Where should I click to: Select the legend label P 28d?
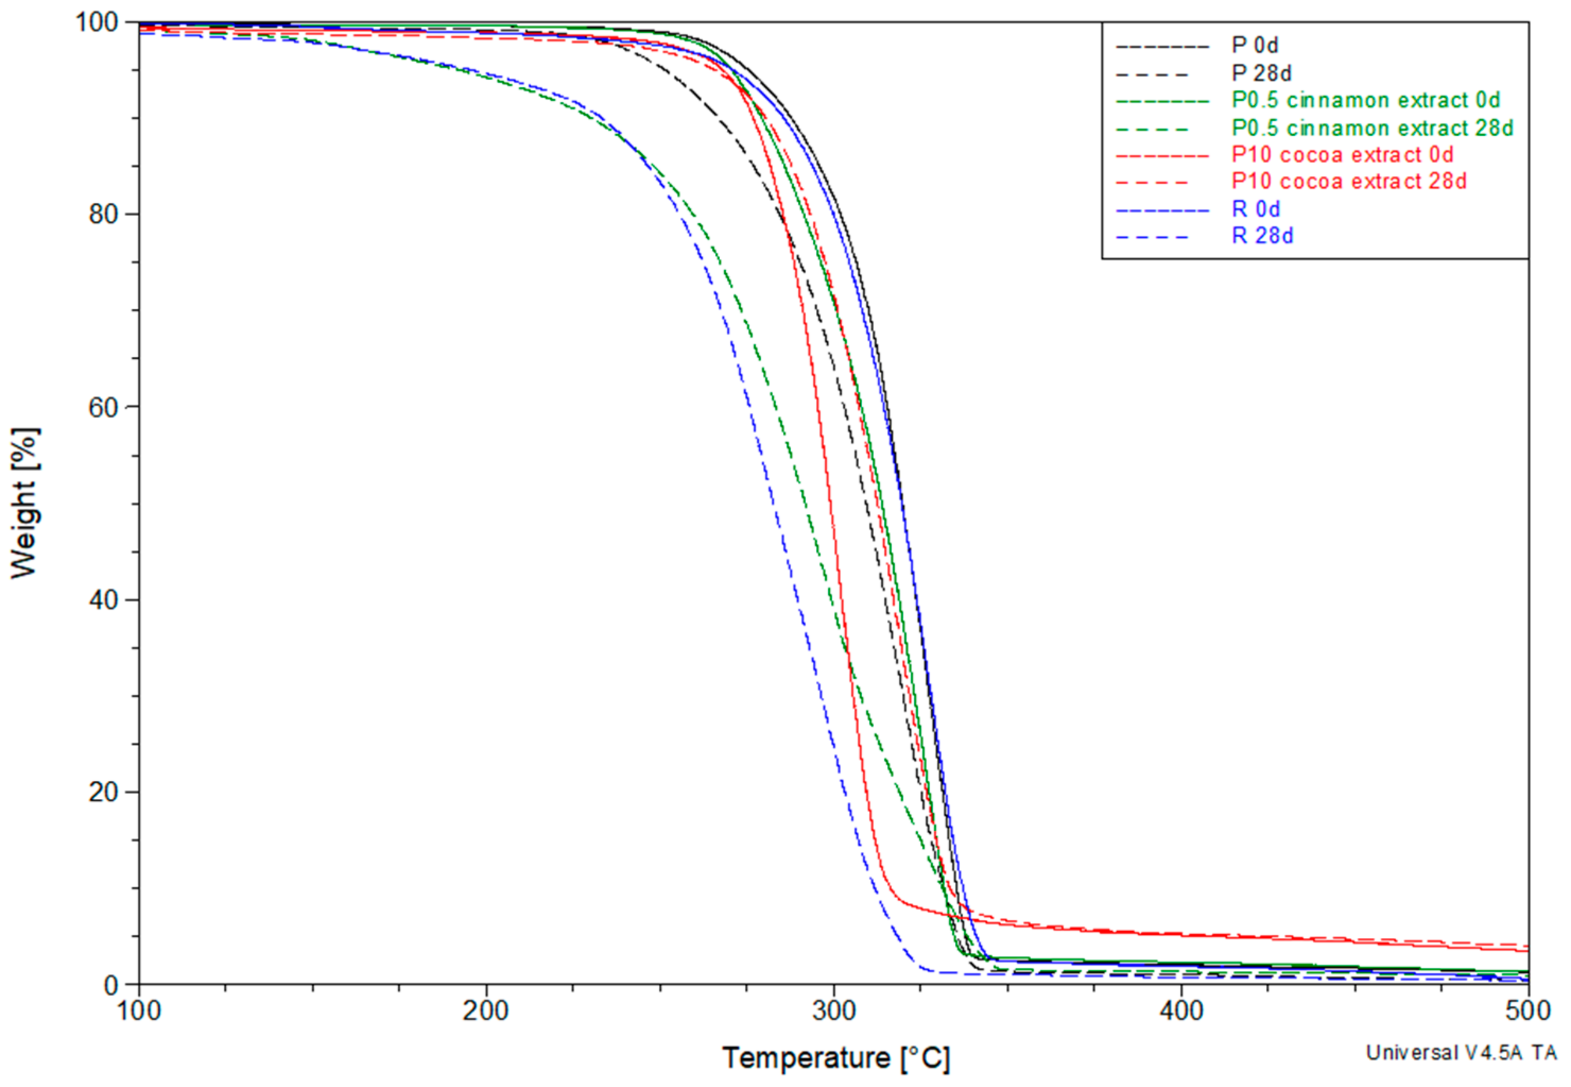1261,73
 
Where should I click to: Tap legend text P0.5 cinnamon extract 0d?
1366,100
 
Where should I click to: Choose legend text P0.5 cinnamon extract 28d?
1372,128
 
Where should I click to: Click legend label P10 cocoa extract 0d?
1342,154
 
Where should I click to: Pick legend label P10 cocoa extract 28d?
1349,181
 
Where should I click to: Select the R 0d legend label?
1256,209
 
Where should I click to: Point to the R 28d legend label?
1263,236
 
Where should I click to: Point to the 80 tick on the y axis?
103,214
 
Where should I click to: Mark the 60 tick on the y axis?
103,407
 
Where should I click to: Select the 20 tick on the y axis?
103,792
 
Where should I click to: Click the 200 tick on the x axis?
486,1011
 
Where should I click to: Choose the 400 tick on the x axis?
1181,1011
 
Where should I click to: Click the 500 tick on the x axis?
1527,1011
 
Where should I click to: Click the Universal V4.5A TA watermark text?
1461,1053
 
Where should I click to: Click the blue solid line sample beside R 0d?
1162,211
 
